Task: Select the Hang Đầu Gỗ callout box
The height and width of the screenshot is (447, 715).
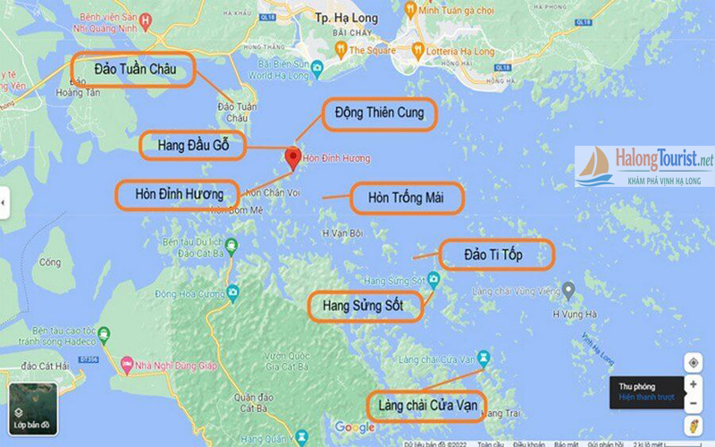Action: point(192,145)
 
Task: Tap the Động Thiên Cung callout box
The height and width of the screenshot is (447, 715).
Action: point(378,114)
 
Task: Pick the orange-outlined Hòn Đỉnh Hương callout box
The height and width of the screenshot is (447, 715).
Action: point(179,193)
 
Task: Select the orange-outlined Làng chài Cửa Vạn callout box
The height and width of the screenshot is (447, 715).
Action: point(426,407)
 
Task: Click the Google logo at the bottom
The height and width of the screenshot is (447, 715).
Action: point(355,428)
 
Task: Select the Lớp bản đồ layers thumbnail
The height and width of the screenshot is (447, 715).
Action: point(33,409)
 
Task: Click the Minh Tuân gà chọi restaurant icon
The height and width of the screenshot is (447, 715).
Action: point(408,9)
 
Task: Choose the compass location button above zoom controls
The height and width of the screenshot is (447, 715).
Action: point(694,363)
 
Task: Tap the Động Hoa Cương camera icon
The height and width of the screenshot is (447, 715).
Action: point(233,291)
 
